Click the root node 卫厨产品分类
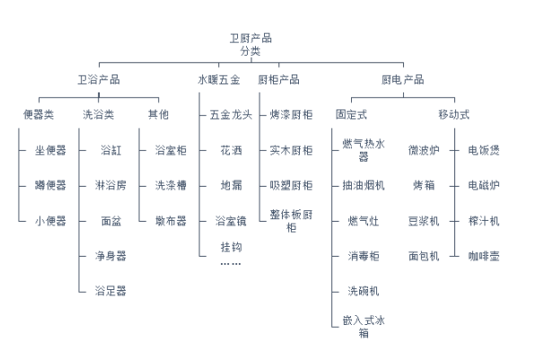tap(250, 45)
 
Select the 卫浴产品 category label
tap(99, 80)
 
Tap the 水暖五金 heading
tap(219, 80)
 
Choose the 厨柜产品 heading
tap(278, 80)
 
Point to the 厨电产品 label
tap(403, 80)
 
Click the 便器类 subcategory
tap(39, 114)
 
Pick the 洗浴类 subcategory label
tap(99, 114)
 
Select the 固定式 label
tap(351, 114)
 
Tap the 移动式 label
tap(454, 114)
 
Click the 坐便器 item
tap(50, 150)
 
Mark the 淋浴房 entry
tap(110, 185)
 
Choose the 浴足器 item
tap(110, 291)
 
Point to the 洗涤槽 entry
tap(171, 185)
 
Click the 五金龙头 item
tap(231, 115)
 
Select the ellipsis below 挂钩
tap(231, 264)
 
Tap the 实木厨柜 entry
tap(291, 150)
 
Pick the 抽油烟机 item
tap(364, 185)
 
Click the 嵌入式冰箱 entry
tap(364, 327)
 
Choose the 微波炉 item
tap(424, 150)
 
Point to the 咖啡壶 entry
tap(484, 256)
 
